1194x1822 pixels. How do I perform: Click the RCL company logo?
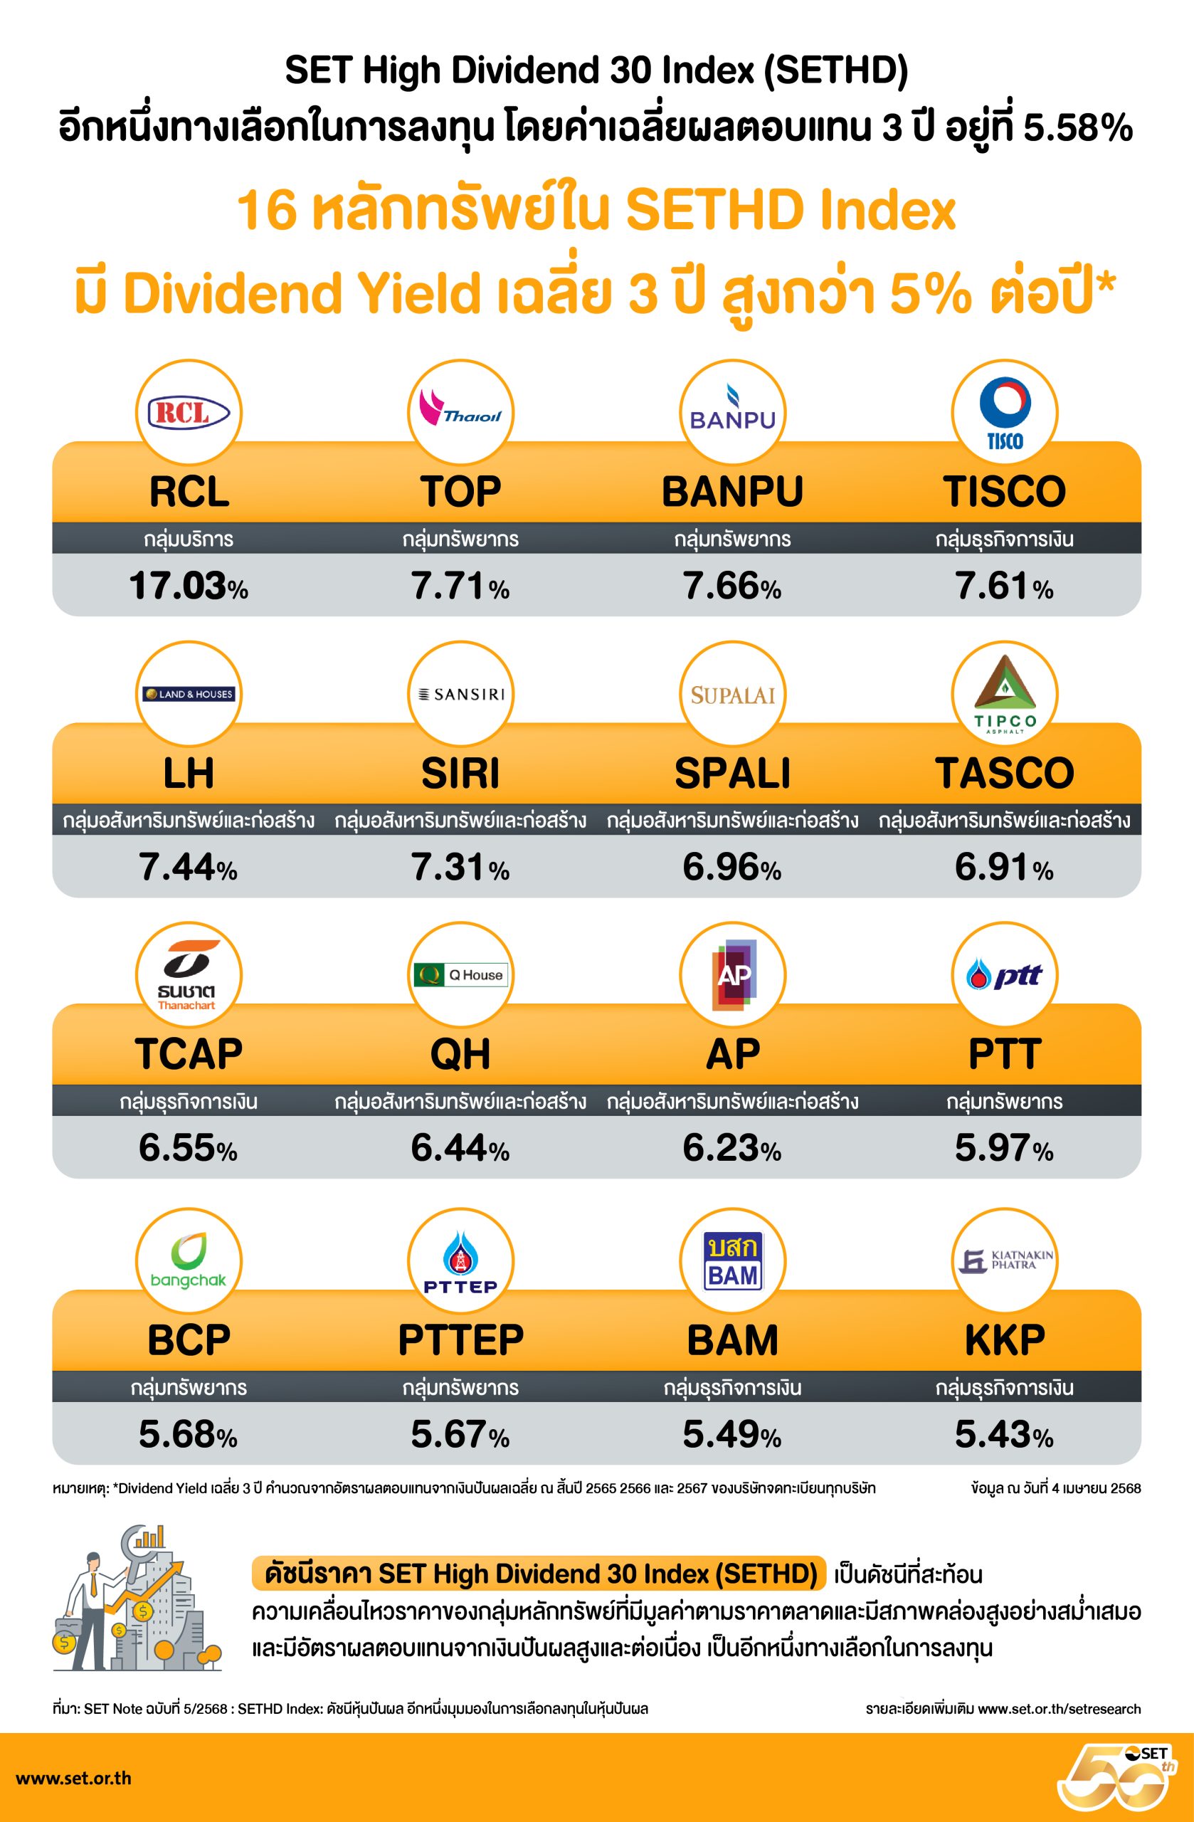tap(189, 414)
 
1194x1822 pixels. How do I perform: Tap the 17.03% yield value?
tap(189, 586)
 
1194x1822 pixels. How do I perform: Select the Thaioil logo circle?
tap(460, 414)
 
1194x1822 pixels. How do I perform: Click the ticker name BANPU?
tap(731, 492)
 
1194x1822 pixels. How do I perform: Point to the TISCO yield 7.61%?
tap(1003, 586)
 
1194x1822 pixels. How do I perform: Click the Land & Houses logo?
tap(189, 695)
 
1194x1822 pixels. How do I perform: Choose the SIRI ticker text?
tap(460, 772)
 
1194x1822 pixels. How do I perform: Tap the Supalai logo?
tap(731, 695)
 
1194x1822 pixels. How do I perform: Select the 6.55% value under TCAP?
tap(189, 1148)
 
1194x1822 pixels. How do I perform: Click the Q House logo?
tap(460, 974)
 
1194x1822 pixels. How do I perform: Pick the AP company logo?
tap(732, 974)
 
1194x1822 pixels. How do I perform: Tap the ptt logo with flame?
tap(1004, 975)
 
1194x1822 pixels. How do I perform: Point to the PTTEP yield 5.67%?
tap(460, 1434)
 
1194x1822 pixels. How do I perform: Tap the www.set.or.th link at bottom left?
tap(73, 1779)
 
